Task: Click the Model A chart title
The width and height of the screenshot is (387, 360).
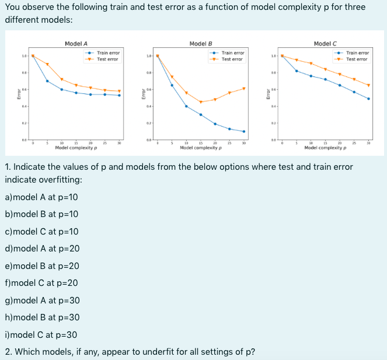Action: [x=76, y=43]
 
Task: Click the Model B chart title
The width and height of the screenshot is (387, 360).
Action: [x=201, y=43]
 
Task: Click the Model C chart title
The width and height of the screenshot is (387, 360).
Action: [x=325, y=43]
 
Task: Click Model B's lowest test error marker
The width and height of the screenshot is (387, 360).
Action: [x=201, y=102]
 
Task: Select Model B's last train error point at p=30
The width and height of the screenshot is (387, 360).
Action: [x=244, y=131]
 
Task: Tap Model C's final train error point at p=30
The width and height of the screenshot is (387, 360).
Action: [x=368, y=99]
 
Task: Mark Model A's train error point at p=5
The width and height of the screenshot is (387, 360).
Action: [x=47, y=81]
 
